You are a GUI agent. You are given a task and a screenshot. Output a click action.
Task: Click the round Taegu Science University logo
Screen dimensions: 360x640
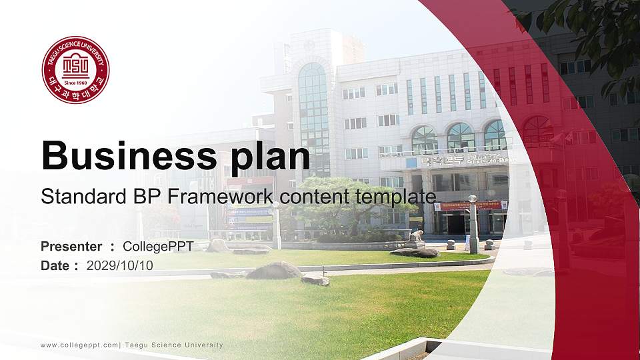(x=75, y=70)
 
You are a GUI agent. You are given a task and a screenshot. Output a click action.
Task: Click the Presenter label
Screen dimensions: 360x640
(x=71, y=247)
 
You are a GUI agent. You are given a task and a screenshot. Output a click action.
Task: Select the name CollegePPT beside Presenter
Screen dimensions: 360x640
(x=158, y=247)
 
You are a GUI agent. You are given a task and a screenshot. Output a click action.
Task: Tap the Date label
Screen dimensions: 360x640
(x=55, y=265)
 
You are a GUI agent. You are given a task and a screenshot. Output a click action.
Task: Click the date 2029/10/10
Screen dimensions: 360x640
(x=120, y=265)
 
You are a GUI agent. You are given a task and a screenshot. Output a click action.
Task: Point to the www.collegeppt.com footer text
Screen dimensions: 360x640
(x=79, y=345)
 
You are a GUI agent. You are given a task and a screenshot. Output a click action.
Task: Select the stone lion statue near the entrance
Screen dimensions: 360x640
(x=417, y=239)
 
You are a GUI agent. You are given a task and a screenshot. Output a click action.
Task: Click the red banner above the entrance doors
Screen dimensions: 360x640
(x=469, y=206)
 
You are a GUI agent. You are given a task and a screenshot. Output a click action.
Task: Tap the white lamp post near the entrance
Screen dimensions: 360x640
(x=473, y=223)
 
